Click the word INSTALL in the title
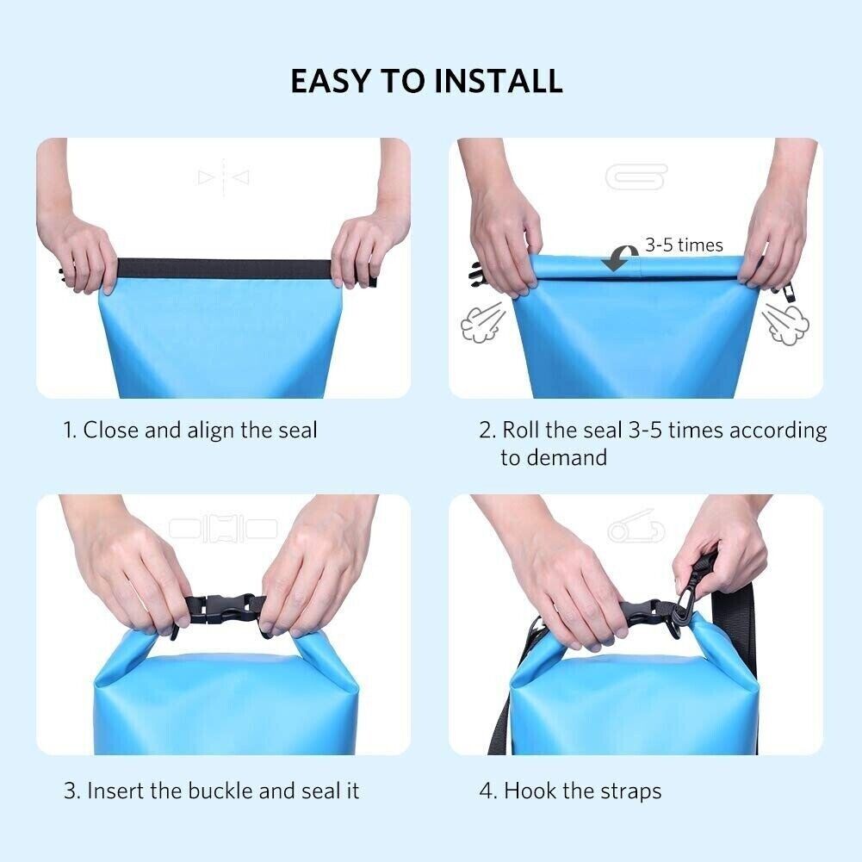[x=499, y=81]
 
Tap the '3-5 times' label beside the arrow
[x=684, y=245]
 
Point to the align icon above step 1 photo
[x=224, y=177]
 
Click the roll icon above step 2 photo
[x=636, y=177]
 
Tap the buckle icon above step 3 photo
[x=224, y=528]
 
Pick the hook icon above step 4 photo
[x=636, y=529]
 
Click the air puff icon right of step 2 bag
[x=785, y=324]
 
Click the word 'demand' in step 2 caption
[x=565, y=457]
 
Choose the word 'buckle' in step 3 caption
[x=233, y=790]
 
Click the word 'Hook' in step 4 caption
[x=529, y=790]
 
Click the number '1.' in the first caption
[x=71, y=430]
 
